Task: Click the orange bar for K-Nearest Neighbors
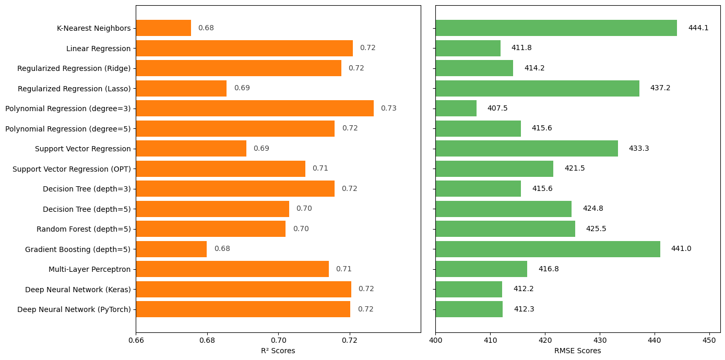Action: tap(163, 28)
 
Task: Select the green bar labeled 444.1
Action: tap(556, 28)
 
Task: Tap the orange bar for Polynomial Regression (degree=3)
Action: tap(255, 109)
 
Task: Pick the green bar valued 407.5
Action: tap(456, 109)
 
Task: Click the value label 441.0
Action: tap(681, 249)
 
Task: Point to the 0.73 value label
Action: tap(388, 109)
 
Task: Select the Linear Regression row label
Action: tap(98, 49)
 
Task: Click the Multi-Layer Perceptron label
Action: tap(89, 269)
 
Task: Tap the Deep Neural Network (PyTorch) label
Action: tap(74, 309)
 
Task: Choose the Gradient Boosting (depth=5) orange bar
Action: tap(171, 249)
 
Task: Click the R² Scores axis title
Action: tap(278, 351)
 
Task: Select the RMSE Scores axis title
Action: tap(577, 351)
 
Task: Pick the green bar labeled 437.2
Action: tap(537, 89)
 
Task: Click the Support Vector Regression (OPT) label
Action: tap(72, 169)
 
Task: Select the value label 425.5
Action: tap(596, 229)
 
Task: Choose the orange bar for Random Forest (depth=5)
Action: tap(210, 229)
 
